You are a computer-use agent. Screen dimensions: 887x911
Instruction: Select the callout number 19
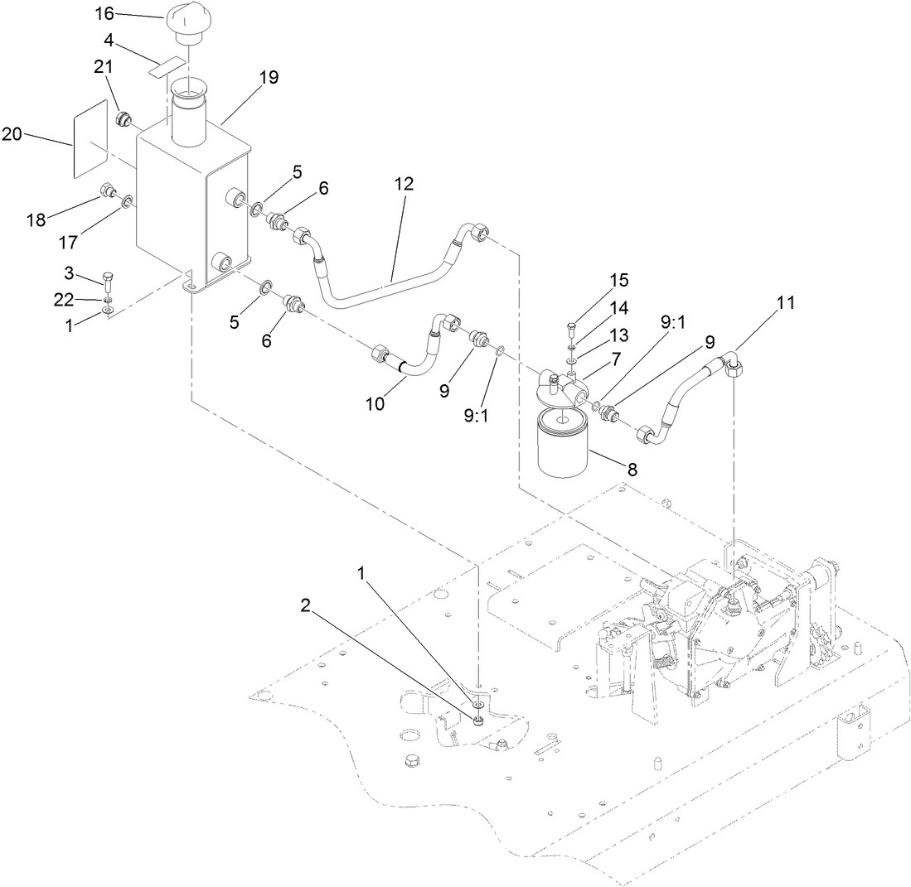coord(268,78)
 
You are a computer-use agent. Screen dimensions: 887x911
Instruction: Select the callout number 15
coord(620,281)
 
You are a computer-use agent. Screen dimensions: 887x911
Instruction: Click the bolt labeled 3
coord(109,278)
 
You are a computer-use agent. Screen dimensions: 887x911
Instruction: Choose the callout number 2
coord(305,606)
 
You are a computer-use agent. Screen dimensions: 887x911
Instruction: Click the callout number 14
coord(620,307)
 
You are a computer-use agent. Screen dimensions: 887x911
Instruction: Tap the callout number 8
coord(632,470)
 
